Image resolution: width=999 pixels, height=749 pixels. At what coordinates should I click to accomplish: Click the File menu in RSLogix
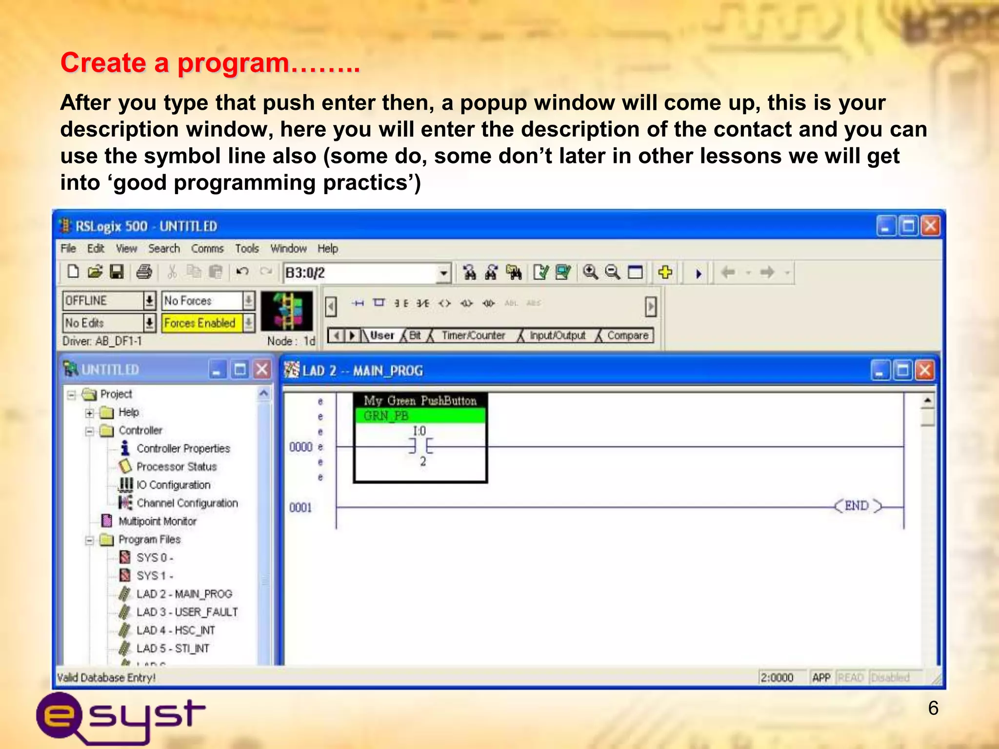point(68,249)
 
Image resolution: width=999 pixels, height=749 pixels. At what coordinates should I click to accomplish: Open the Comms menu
point(207,249)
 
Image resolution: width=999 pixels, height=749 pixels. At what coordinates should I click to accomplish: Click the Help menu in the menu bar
point(327,249)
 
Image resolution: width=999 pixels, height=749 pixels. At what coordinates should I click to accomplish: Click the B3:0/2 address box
point(361,273)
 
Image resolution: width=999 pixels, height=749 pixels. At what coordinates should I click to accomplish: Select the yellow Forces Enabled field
point(200,323)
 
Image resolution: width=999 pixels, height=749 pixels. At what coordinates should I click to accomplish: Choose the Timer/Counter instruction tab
point(473,335)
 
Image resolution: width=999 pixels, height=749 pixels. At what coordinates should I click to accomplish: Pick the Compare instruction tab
point(627,335)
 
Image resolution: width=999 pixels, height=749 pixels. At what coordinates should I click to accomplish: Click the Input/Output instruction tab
point(557,335)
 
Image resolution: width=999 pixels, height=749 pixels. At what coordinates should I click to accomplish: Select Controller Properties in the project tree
point(183,449)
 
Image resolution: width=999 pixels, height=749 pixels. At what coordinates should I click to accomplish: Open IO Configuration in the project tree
point(173,485)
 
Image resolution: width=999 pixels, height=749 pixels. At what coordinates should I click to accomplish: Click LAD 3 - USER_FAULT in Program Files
point(187,612)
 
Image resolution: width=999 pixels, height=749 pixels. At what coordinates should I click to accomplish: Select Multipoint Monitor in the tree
point(157,521)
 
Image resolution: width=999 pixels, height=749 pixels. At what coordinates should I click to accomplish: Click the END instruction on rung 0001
point(857,506)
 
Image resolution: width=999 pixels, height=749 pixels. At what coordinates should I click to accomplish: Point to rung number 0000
point(300,447)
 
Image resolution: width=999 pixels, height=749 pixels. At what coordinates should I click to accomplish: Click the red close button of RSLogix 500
point(930,226)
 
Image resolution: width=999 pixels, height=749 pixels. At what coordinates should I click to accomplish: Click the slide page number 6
point(933,708)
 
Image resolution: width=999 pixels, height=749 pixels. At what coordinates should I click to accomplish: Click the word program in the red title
point(233,63)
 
